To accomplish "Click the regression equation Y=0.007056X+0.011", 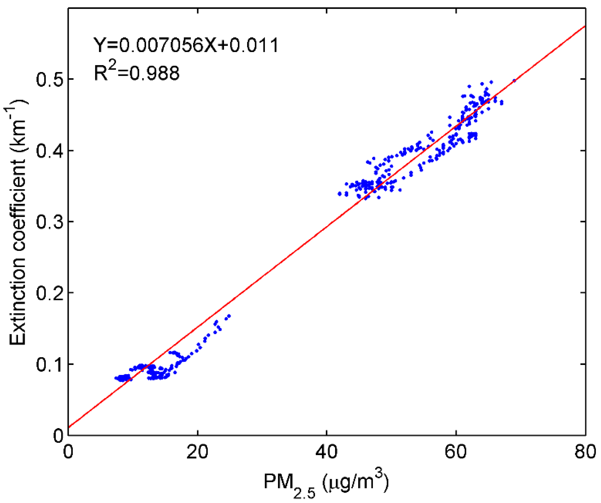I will tap(186, 45).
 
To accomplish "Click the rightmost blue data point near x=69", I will tap(514, 81).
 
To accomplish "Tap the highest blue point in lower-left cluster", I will tap(229, 316).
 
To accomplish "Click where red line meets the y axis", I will tap(68, 427).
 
